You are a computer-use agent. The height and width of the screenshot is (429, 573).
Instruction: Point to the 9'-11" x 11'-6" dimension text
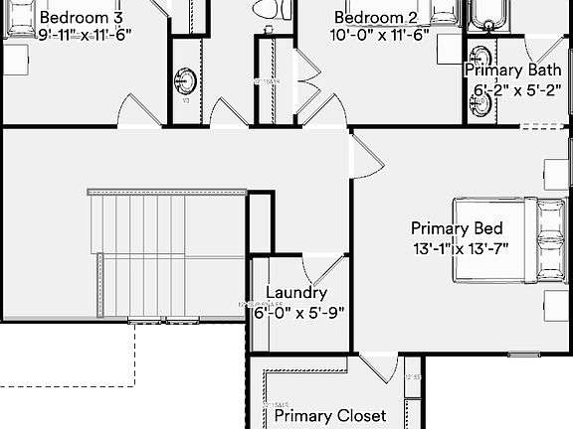(x=85, y=34)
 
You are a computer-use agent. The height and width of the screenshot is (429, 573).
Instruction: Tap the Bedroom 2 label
(x=376, y=17)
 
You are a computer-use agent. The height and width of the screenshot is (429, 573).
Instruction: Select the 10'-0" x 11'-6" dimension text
(x=380, y=34)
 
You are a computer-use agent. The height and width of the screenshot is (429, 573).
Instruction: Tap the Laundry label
(x=296, y=293)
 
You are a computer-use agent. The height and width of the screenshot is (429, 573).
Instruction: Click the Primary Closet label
(x=330, y=416)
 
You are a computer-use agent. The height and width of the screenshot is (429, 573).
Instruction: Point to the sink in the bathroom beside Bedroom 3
(x=186, y=80)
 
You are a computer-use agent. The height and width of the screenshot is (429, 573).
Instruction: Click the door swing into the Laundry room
(x=321, y=268)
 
